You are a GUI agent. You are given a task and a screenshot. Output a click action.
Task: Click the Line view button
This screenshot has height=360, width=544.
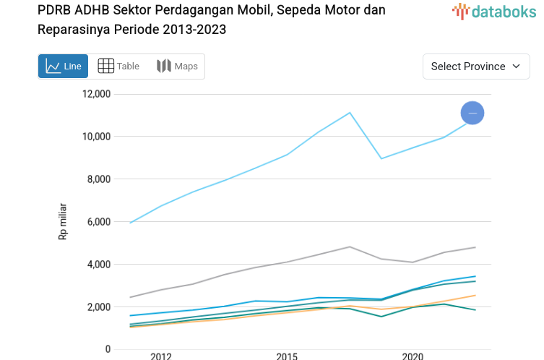point(64,67)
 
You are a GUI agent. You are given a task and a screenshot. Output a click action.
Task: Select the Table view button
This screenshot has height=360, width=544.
point(118,67)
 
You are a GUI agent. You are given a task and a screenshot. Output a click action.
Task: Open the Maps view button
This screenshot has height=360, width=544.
point(177,67)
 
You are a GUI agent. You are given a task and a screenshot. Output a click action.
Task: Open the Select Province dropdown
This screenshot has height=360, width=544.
point(475,67)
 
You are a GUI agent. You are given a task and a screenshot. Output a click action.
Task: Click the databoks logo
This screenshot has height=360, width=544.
point(494,11)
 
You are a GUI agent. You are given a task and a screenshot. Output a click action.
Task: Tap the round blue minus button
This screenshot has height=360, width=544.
point(472,113)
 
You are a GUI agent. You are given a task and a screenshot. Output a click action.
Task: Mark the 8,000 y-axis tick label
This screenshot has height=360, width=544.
point(98,179)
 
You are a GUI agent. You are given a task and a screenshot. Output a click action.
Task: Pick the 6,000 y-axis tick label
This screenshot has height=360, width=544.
point(98,222)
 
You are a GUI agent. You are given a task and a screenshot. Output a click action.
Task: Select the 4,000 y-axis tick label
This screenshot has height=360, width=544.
point(98,265)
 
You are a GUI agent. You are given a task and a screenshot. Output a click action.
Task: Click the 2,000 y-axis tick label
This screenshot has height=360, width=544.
point(98,307)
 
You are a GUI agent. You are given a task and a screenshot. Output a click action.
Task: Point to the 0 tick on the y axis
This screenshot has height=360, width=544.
point(108,349)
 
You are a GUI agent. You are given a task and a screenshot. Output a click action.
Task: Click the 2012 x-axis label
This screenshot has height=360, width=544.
point(161,356)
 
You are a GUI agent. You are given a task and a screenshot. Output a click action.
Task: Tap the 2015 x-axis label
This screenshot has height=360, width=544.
point(287,356)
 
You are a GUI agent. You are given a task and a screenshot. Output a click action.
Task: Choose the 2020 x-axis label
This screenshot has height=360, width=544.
point(413,356)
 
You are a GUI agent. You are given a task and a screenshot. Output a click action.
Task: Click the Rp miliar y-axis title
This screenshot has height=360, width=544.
point(64,221)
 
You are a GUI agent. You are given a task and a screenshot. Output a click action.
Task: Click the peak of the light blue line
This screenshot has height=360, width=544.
point(350,113)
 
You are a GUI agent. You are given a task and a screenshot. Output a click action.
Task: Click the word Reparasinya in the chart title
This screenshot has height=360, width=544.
point(70,30)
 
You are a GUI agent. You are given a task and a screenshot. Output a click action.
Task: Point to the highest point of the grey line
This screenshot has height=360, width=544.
point(350,247)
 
